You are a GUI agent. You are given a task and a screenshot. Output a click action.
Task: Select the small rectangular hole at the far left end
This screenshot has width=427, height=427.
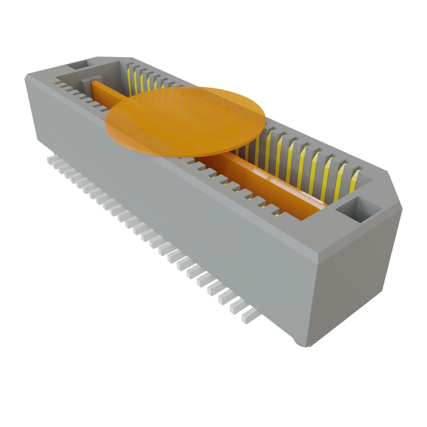coord(78,65)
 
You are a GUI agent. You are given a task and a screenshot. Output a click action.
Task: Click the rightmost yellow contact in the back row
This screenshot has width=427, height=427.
coord(355,180)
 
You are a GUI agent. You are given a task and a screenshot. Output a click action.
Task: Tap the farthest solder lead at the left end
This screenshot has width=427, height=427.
coord(51,160)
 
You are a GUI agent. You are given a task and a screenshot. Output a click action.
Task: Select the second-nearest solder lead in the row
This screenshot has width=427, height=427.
coord(238,307)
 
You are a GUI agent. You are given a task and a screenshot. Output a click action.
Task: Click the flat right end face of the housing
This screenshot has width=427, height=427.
coord(354,284)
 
